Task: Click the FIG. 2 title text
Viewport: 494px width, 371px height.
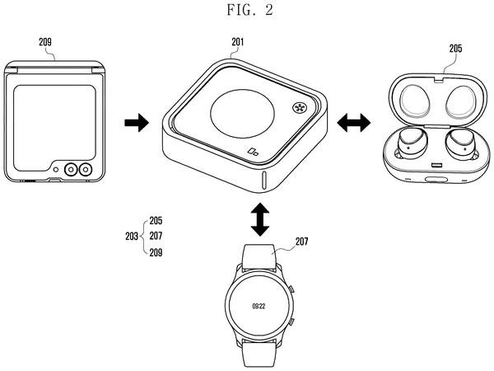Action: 249,10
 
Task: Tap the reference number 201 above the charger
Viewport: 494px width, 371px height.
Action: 238,42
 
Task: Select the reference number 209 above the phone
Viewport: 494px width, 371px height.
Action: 45,42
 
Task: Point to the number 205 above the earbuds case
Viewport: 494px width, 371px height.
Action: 455,49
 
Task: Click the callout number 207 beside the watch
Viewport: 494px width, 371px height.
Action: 301,242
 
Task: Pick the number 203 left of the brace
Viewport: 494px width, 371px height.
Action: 132,236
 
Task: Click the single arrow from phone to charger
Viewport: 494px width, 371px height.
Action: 137,123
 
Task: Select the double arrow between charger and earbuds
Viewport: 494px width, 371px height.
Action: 353,123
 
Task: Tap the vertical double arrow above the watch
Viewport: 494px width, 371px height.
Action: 260,219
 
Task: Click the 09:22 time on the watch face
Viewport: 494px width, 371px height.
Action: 259,306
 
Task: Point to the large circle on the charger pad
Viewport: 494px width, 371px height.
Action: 242,114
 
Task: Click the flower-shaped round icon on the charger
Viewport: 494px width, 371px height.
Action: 298,107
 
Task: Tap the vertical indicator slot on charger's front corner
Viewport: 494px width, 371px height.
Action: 264,181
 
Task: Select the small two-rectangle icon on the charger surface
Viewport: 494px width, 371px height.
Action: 253,152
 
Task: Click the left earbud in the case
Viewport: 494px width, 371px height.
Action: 412,143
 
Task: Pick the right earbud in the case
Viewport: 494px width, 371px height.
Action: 460,143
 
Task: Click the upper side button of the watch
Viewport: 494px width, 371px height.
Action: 291,289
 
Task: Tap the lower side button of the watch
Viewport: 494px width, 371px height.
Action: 291,322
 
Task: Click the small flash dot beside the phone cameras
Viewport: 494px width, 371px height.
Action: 56,170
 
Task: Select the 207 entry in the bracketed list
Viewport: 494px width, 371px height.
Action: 156,236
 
